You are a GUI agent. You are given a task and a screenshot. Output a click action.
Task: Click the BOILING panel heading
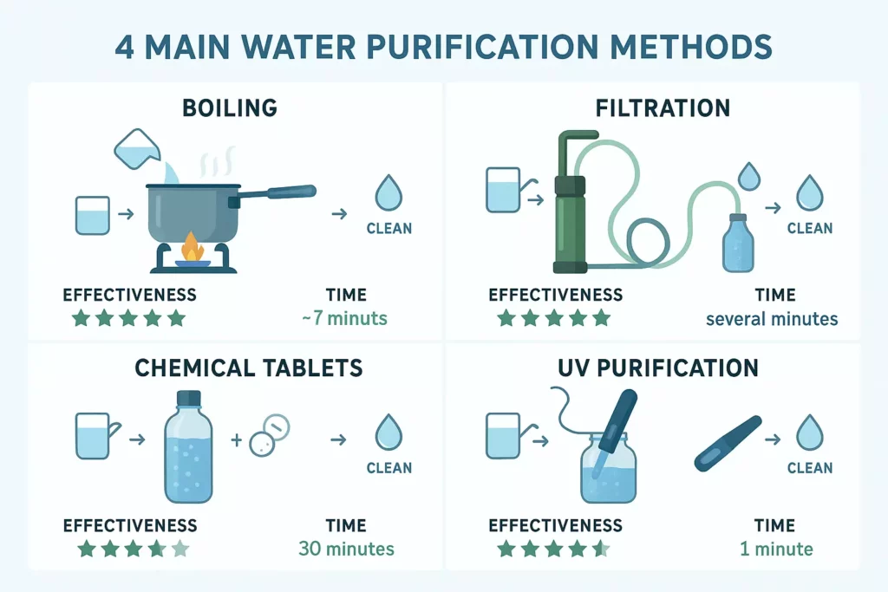(x=230, y=107)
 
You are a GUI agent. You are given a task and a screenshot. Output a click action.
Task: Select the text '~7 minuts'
(x=344, y=318)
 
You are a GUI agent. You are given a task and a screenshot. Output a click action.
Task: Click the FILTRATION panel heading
(x=663, y=107)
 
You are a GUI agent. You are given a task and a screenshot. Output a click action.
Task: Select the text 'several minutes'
(x=772, y=318)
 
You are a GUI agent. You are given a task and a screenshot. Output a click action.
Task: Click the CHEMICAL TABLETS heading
(x=249, y=368)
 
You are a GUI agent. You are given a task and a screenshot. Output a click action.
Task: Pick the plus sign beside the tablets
(x=235, y=440)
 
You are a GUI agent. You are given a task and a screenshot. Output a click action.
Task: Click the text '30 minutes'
(x=346, y=549)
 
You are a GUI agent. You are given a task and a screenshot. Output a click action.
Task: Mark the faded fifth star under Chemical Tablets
(x=179, y=548)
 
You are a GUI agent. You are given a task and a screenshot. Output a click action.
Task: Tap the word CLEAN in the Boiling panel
(x=389, y=229)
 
